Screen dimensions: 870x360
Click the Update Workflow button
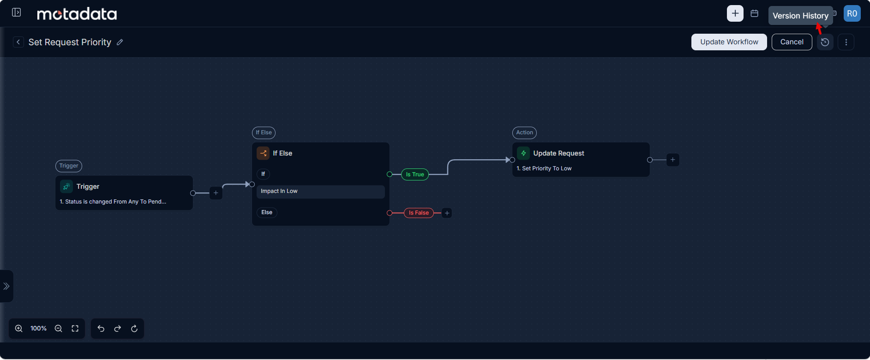[x=729, y=42]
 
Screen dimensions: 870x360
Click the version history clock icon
[x=825, y=42]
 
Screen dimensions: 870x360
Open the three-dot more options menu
[x=846, y=42]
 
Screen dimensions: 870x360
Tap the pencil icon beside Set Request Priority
[x=120, y=42]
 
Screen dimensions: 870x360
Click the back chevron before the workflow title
[x=18, y=42]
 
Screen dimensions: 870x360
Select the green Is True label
[x=415, y=174]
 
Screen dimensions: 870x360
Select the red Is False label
[x=419, y=213]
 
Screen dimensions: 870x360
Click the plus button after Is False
[x=447, y=213]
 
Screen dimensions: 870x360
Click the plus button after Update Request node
[x=673, y=160]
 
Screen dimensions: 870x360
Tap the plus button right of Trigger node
[x=216, y=193]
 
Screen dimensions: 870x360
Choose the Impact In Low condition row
[x=321, y=192]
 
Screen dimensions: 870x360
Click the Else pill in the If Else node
[x=267, y=212]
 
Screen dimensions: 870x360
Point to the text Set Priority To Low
[x=547, y=168]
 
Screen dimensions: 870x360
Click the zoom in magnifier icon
[x=19, y=329]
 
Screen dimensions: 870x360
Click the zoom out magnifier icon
[x=59, y=329]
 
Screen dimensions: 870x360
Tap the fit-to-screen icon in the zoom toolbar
[x=75, y=329]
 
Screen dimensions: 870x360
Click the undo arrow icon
[x=101, y=329]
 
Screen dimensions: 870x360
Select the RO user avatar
[x=852, y=13]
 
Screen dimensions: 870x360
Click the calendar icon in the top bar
[x=755, y=13]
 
